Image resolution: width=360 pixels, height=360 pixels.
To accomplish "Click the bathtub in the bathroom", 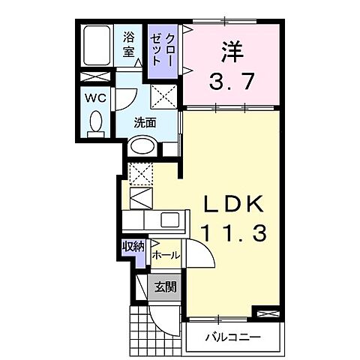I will point(98,46).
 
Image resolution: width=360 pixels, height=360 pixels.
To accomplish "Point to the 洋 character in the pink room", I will point(232,50).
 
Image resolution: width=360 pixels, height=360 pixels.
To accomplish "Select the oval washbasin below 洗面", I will point(142,148).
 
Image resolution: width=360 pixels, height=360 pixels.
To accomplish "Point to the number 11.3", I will point(232,233).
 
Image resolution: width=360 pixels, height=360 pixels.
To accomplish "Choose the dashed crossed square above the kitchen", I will point(140,174).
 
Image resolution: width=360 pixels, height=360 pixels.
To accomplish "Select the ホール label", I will point(165,256).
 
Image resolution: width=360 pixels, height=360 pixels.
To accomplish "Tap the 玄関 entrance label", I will point(166,286).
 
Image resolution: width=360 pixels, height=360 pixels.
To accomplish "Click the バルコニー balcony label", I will point(233,337).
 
